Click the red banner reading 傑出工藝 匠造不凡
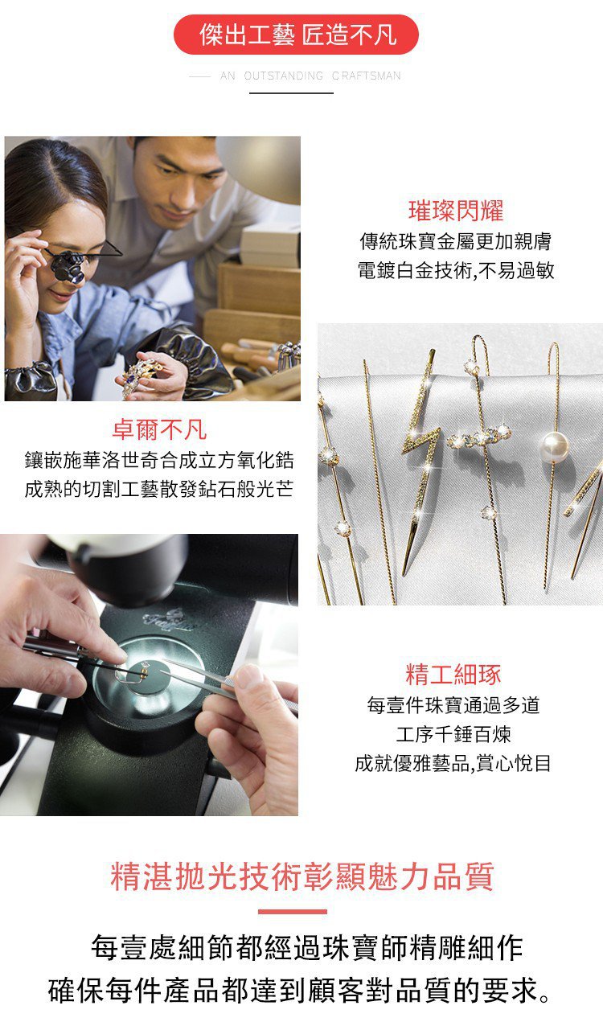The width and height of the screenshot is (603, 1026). tap(296, 35)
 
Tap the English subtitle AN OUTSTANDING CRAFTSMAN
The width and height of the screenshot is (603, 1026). tap(310, 76)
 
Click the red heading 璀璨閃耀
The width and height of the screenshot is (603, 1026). tap(456, 211)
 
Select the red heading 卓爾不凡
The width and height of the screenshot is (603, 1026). tap(159, 429)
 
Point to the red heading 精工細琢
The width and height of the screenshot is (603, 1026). tap(453, 675)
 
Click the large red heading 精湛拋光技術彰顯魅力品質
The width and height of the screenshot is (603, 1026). tap(302, 876)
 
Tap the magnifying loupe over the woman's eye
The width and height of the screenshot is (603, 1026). tap(68, 266)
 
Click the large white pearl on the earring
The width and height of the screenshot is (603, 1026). tap(555, 446)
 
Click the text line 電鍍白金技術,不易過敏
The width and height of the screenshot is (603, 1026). tap(456, 270)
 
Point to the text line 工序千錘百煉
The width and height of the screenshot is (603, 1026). tap(453, 734)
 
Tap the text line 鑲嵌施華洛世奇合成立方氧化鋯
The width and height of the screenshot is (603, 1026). tap(159, 460)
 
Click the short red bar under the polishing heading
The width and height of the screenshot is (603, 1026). tap(293, 912)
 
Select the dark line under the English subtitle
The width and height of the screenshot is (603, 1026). tap(291, 93)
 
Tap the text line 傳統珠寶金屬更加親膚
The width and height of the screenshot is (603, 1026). tap(456, 241)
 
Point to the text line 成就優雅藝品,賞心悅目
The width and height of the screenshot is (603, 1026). tap(453, 763)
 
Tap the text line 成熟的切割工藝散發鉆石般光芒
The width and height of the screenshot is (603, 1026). tap(159, 489)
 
